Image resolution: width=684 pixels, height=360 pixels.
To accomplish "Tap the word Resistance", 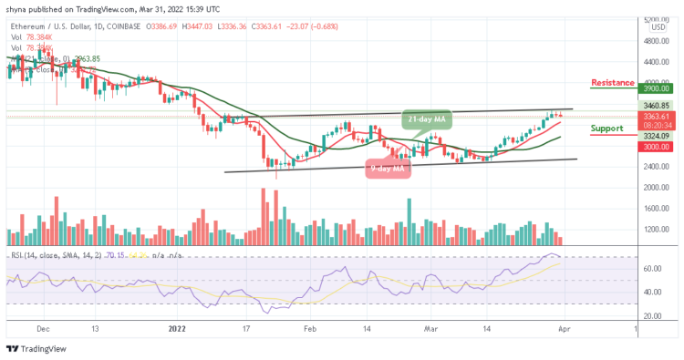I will point(612,82).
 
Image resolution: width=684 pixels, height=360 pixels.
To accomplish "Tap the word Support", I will point(606,129).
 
